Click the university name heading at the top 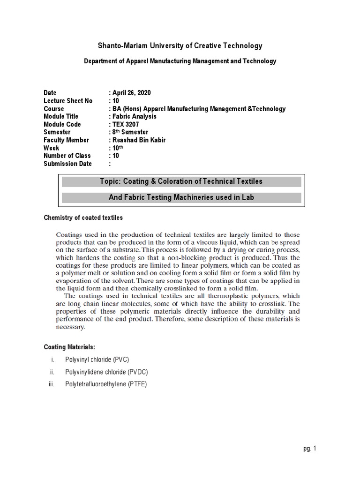(x=180, y=45)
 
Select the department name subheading (x=180, y=61)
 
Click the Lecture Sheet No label (x=68, y=101)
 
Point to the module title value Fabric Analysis (x=133, y=116)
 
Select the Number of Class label (x=67, y=156)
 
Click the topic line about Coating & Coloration (x=181, y=181)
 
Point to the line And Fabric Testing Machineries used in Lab (x=181, y=197)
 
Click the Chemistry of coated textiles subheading (x=83, y=217)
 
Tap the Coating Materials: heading (x=69, y=347)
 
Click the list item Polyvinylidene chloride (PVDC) (x=109, y=372)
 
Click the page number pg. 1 (x=310, y=449)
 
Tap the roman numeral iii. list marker (x=51, y=385)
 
